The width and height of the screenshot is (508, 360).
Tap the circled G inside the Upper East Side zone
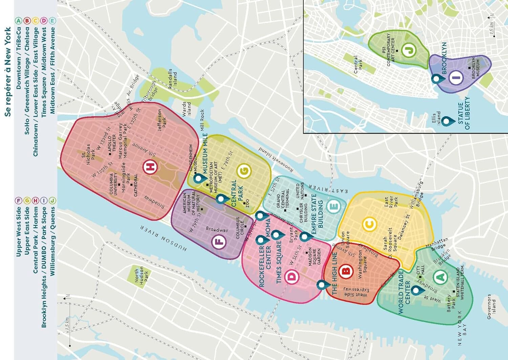click(244, 172)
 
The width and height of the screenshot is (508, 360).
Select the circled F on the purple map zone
click(218, 242)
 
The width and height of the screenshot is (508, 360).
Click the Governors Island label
click(491, 306)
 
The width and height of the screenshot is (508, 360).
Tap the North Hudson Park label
click(142, 275)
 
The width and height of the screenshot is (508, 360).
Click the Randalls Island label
click(172, 79)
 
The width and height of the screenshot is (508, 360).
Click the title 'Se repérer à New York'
click(8, 72)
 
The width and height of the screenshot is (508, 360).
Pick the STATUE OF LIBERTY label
click(464, 113)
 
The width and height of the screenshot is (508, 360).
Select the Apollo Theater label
click(112, 144)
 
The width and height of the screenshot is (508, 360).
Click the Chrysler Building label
click(303, 213)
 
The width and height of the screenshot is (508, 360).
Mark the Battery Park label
click(451, 303)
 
